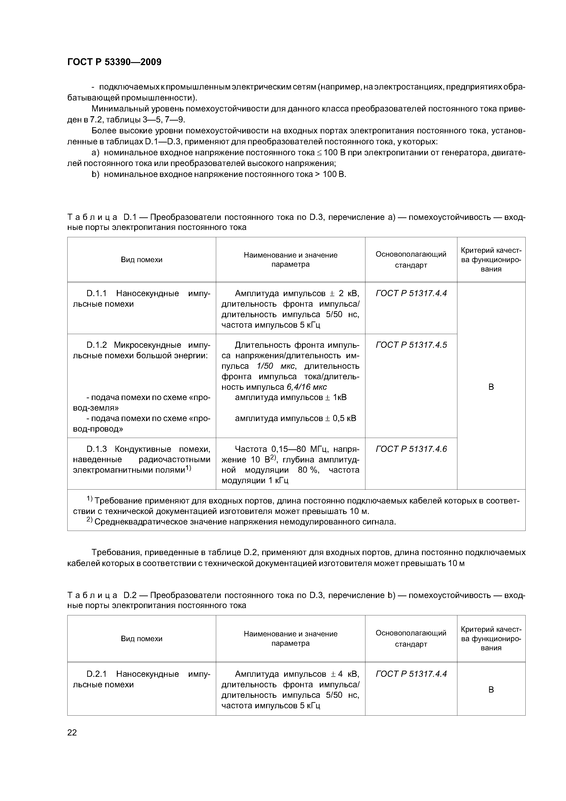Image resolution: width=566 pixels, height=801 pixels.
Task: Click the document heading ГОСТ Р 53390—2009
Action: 114,62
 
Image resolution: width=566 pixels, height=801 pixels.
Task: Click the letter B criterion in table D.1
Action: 491,387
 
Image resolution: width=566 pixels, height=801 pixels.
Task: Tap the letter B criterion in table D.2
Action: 491,690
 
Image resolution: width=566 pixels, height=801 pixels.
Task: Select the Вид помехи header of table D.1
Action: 141,260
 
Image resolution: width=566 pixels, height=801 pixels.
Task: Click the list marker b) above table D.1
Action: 95,174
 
